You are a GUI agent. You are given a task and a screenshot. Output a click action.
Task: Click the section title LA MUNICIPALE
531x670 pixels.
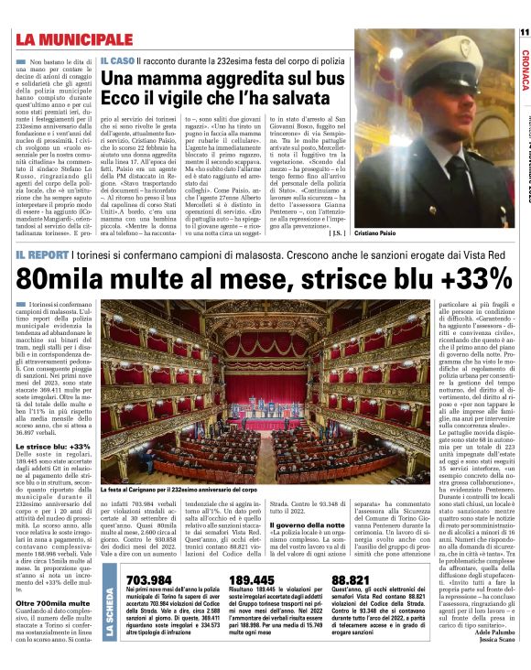pos(73,39)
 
